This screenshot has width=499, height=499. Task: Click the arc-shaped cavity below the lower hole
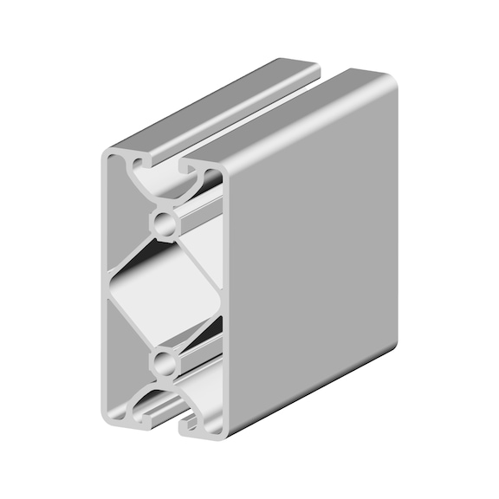[x=165, y=394]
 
